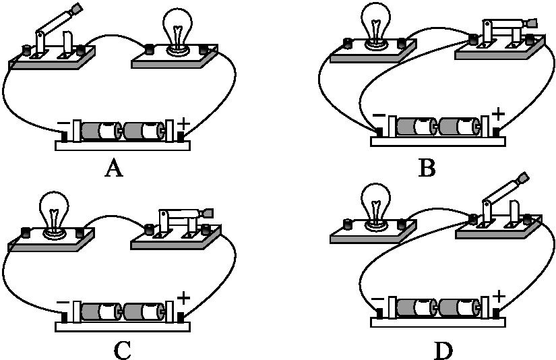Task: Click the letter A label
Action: (x=114, y=169)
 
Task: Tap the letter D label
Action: (x=443, y=350)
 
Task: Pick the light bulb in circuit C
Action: (x=53, y=210)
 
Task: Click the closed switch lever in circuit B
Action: (x=509, y=24)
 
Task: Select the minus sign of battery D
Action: (x=377, y=298)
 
